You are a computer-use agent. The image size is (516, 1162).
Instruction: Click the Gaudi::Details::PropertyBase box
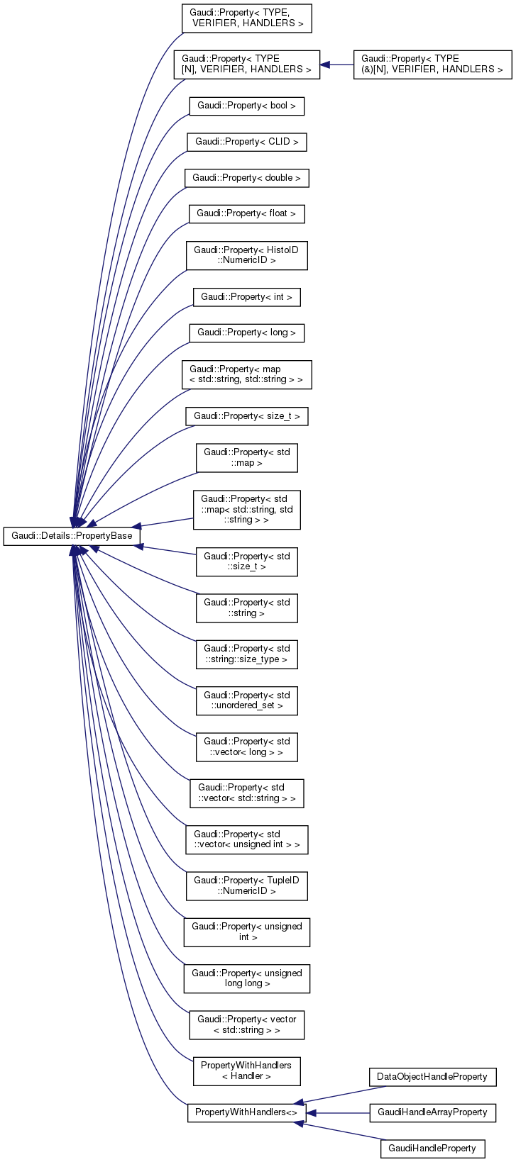point(68,536)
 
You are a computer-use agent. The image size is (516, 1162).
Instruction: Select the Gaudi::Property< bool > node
point(246,106)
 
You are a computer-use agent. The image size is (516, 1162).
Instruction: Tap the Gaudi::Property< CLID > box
point(246,142)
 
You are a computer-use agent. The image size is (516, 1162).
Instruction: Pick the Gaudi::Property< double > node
point(246,177)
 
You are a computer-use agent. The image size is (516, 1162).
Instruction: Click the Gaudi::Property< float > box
point(246,213)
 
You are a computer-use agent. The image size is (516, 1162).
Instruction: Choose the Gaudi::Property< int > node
point(246,297)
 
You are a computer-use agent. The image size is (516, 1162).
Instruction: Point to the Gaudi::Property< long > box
point(246,333)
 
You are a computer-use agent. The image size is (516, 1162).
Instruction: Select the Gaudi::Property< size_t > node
point(246,416)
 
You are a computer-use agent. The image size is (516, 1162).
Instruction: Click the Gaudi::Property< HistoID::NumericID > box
point(246,255)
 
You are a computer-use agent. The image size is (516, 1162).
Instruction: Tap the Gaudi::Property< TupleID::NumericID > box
point(246,886)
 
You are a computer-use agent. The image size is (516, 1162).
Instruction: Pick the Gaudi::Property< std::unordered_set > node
point(246,700)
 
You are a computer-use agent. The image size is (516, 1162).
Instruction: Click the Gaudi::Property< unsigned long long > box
point(246,978)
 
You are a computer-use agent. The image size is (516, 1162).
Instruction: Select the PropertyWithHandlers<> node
point(246,1113)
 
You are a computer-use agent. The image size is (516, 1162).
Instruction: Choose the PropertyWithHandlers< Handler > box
point(246,1071)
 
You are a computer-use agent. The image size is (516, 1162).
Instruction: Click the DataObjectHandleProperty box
point(432,1077)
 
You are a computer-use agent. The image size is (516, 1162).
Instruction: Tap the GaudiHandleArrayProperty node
point(432,1113)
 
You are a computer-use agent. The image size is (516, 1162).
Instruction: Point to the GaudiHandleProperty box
point(432,1149)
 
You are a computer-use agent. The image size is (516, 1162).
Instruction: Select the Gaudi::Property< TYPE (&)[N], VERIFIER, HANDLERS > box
point(432,64)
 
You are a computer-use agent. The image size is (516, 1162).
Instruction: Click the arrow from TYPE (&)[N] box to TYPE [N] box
point(337,65)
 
